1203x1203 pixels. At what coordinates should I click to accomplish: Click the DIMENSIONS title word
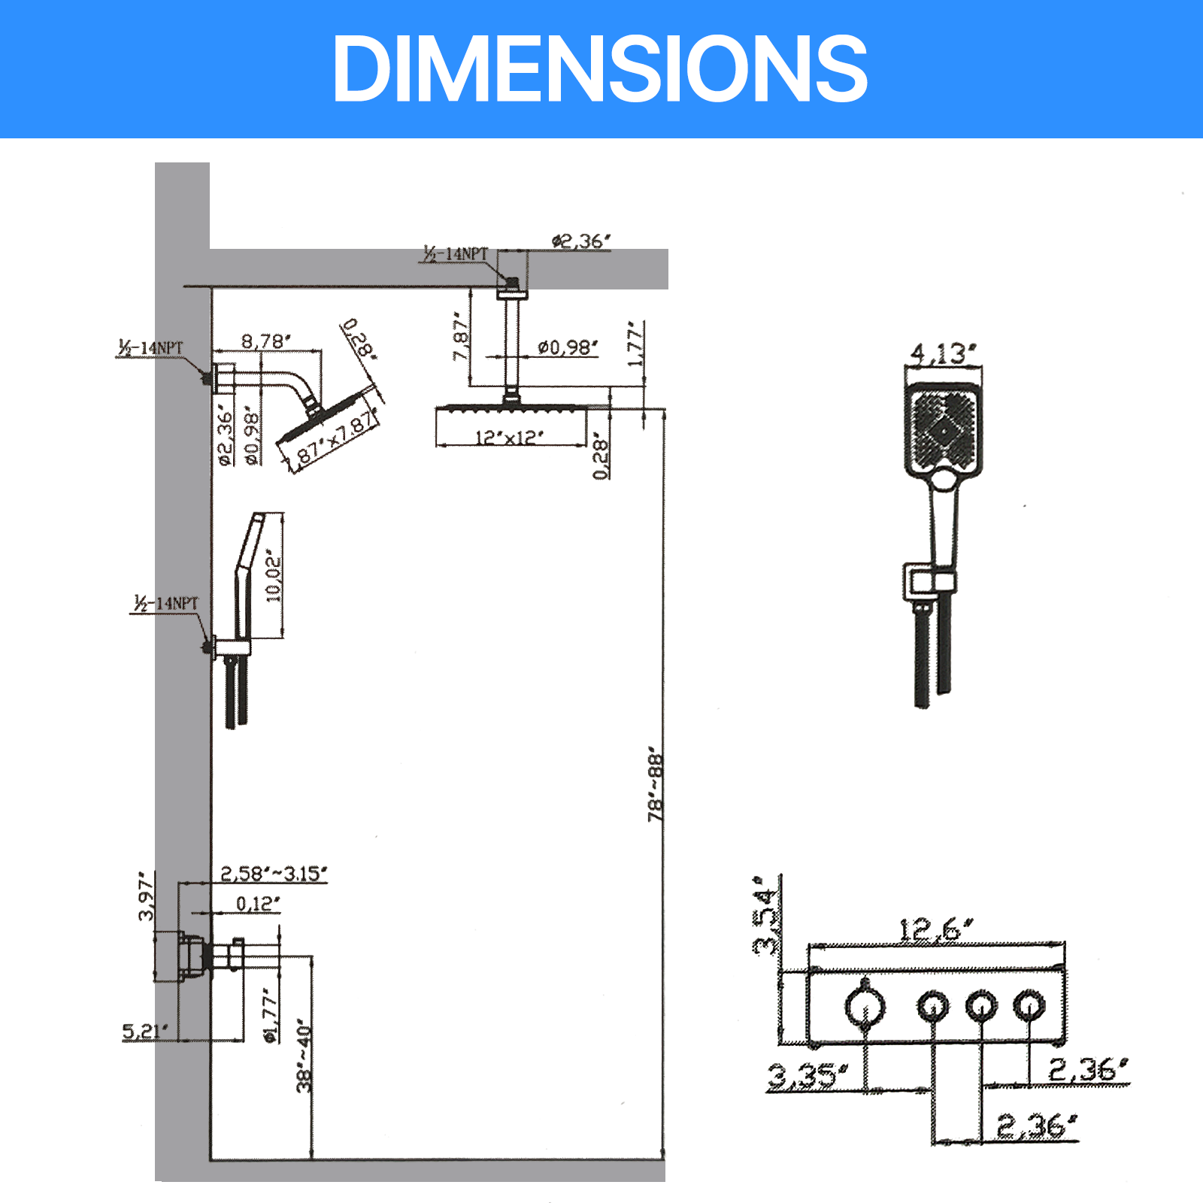600,69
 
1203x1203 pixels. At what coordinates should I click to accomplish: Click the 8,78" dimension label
265,341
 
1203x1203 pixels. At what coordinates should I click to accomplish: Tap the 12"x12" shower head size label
509,438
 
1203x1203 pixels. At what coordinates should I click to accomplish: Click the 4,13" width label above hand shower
943,353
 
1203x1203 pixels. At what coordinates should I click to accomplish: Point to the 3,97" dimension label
146,895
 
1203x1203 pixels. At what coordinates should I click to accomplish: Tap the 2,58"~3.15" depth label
274,874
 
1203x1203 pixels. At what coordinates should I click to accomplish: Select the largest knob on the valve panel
865,1006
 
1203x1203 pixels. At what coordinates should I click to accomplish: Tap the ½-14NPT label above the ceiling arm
455,254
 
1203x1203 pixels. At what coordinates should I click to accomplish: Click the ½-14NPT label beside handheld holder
166,603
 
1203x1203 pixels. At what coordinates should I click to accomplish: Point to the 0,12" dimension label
258,904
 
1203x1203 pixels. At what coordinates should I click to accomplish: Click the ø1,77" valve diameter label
270,1015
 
